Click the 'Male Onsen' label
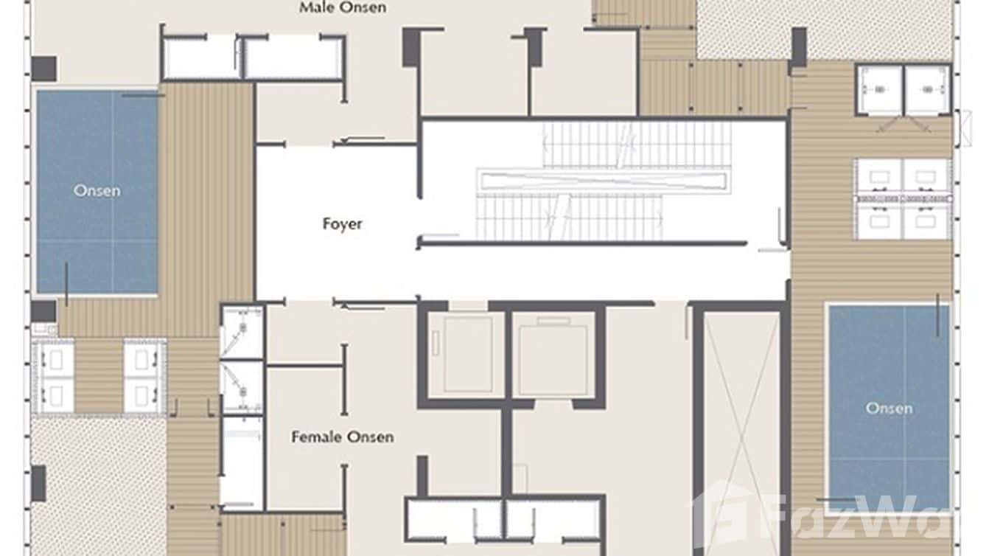[x=342, y=8]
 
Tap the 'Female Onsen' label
[x=342, y=437]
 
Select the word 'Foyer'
[x=342, y=223]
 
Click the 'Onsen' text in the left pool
[x=97, y=191]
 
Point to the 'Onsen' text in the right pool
[x=889, y=408]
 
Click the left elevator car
[x=466, y=354]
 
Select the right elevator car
[x=554, y=354]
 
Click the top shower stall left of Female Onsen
[x=242, y=332]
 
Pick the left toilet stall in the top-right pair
[x=879, y=91]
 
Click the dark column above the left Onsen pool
[x=43, y=69]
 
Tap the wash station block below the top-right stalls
[x=903, y=199]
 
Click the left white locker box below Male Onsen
[x=201, y=58]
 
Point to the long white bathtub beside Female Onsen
[x=242, y=462]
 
